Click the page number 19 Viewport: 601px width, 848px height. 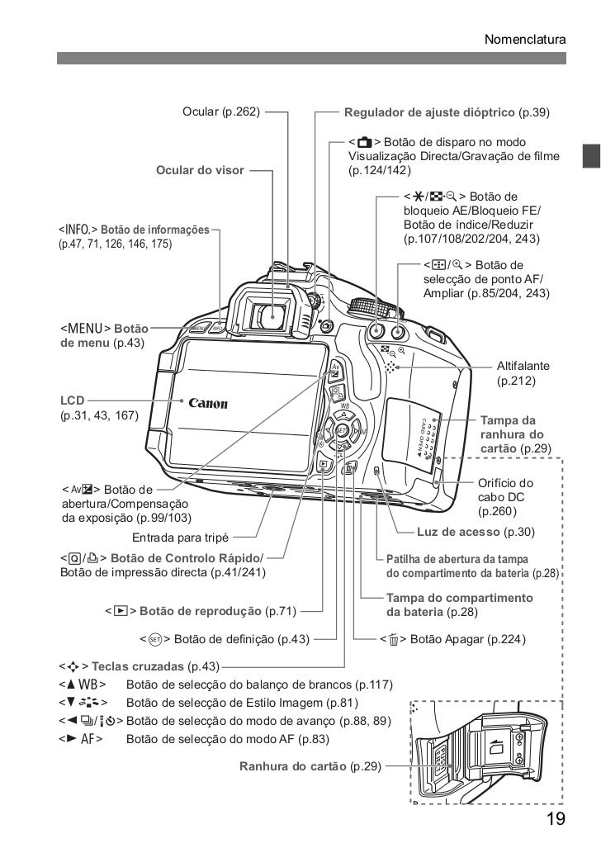[555, 818]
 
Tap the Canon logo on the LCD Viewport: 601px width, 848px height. [208, 404]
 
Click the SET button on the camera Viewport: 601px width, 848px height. [340, 430]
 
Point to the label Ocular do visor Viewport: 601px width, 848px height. [200, 171]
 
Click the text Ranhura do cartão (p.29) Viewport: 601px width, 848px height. [310, 766]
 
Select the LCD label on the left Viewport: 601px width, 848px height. [72, 400]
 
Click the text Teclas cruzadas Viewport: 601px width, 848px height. [139, 666]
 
